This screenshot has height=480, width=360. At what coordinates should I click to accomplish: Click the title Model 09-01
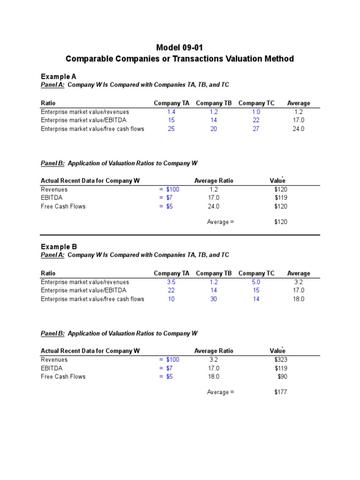[x=180, y=47]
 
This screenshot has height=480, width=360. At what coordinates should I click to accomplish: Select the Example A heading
[x=59, y=76]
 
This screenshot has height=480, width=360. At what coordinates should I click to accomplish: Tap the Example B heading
[x=59, y=247]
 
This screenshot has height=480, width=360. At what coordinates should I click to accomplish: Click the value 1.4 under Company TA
[x=171, y=112]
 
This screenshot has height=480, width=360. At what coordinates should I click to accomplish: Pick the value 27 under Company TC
[x=256, y=129]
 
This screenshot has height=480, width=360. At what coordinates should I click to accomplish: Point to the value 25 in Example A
[x=171, y=129]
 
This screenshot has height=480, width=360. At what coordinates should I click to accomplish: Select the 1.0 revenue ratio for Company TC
[x=256, y=112]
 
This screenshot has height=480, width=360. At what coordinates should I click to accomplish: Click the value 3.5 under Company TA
[x=171, y=282]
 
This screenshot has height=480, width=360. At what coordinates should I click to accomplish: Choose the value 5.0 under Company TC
[x=256, y=282]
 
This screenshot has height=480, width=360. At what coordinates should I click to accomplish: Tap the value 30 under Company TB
[x=214, y=299]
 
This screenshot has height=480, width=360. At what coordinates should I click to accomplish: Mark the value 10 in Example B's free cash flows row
[x=171, y=299]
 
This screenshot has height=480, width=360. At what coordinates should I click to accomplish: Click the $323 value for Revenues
[x=281, y=360]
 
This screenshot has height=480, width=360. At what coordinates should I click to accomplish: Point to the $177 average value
[x=281, y=392]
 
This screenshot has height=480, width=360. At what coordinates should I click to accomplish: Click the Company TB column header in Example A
[x=214, y=103]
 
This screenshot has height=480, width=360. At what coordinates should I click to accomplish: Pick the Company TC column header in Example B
[x=256, y=273]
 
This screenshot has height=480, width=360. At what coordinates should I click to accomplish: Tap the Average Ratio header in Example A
[x=213, y=180]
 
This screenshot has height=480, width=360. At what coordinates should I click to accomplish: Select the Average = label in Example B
[x=220, y=392]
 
